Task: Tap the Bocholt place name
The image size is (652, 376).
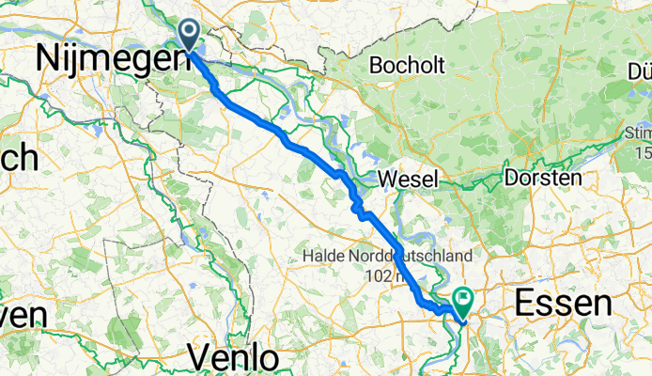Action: [413, 66]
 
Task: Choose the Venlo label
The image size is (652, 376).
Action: [233, 356]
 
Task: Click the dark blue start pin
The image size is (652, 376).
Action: [190, 36]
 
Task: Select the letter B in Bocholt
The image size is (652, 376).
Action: [379, 66]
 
